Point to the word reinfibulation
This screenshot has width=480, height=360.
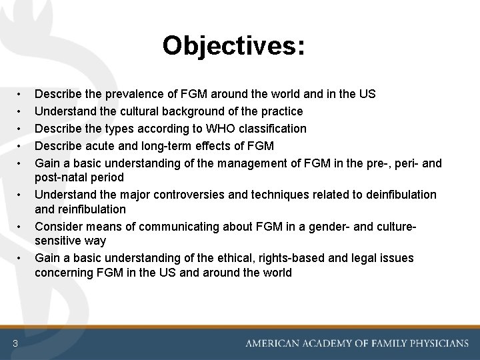(90, 209)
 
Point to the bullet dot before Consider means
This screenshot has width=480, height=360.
(21, 226)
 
